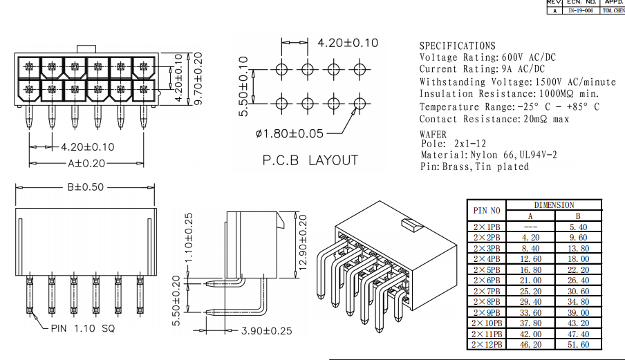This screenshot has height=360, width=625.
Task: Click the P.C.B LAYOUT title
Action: (x=310, y=160)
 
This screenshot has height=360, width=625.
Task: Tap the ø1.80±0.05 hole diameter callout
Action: (x=289, y=132)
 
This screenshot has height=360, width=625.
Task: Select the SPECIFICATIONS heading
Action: (x=457, y=46)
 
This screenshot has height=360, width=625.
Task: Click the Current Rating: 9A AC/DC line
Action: (x=481, y=68)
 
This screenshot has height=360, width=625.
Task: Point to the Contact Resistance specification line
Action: (x=494, y=119)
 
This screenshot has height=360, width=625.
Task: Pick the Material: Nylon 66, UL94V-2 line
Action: (x=489, y=155)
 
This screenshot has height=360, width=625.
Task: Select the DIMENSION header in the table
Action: (x=554, y=205)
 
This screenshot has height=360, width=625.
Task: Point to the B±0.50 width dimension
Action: (x=86, y=187)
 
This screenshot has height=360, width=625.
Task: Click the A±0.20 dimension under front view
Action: (x=86, y=164)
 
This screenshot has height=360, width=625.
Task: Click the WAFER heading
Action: (x=433, y=134)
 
